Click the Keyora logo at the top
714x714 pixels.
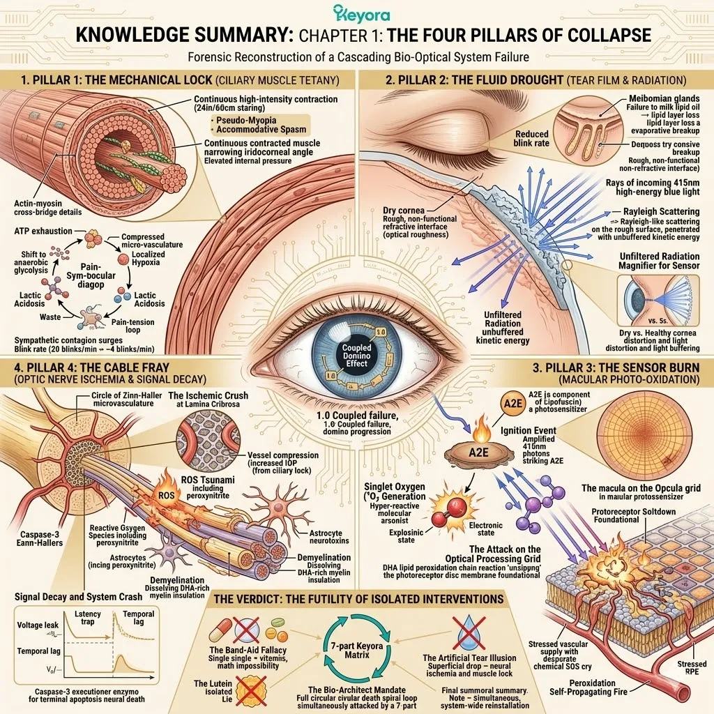click(361, 14)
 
